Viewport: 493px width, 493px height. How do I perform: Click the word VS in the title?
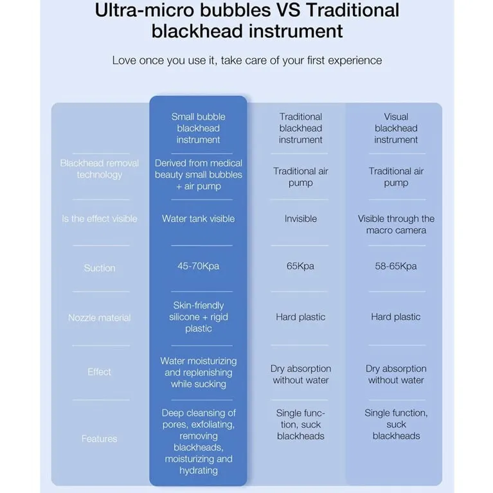tap(288, 10)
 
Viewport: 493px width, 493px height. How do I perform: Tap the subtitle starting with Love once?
tap(247, 60)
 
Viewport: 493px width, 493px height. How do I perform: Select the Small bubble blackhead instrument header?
tap(199, 129)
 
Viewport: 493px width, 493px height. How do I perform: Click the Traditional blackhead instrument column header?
tap(301, 129)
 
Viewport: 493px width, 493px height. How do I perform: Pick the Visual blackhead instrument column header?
tap(396, 129)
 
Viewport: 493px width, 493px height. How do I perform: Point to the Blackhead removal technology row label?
tap(100, 169)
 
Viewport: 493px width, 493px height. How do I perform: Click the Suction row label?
tap(100, 268)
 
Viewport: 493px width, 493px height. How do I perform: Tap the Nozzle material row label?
tap(100, 318)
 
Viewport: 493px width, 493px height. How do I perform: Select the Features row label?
tap(100, 438)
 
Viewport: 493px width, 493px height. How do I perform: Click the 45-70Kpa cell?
tap(199, 266)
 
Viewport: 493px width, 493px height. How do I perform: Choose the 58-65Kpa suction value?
tap(396, 266)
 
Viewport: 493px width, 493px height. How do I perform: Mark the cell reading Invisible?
tap(301, 219)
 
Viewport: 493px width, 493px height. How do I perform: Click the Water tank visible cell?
tap(199, 219)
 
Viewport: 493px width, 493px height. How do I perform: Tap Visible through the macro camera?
tap(396, 224)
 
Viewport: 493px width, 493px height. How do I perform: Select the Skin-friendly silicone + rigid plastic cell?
tap(199, 317)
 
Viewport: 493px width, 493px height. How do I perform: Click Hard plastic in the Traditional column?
tap(301, 317)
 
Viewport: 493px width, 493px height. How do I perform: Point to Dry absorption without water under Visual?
tap(396, 374)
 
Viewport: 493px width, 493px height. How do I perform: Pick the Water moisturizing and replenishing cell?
tap(199, 372)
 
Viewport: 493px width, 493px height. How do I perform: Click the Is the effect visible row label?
tap(100, 219)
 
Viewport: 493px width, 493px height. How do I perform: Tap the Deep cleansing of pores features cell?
tap(199, 442)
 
